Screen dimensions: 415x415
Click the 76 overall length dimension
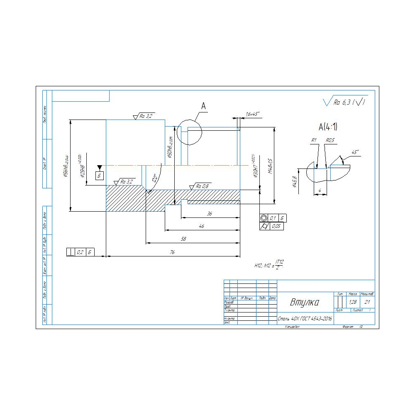point(172,253)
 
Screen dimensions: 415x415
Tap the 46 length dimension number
point(201,227)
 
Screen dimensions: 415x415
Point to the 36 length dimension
point(210,214)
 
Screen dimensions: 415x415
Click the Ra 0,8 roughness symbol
point(202,186)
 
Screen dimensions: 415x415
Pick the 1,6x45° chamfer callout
point(252,114)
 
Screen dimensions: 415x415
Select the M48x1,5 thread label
point(270,166)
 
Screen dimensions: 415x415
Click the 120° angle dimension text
point(155,178)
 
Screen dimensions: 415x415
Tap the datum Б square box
point(99,176)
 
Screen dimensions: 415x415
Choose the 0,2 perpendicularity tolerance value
point(80,252)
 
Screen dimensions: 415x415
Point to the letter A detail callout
point(203,107)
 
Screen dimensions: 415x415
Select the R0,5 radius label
point(330,141)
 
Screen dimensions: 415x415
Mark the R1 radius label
point(314,141)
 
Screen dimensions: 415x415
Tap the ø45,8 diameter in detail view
point(295,181)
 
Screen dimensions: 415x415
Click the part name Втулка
point(305,302)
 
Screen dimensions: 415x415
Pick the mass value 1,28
point(353,302)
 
